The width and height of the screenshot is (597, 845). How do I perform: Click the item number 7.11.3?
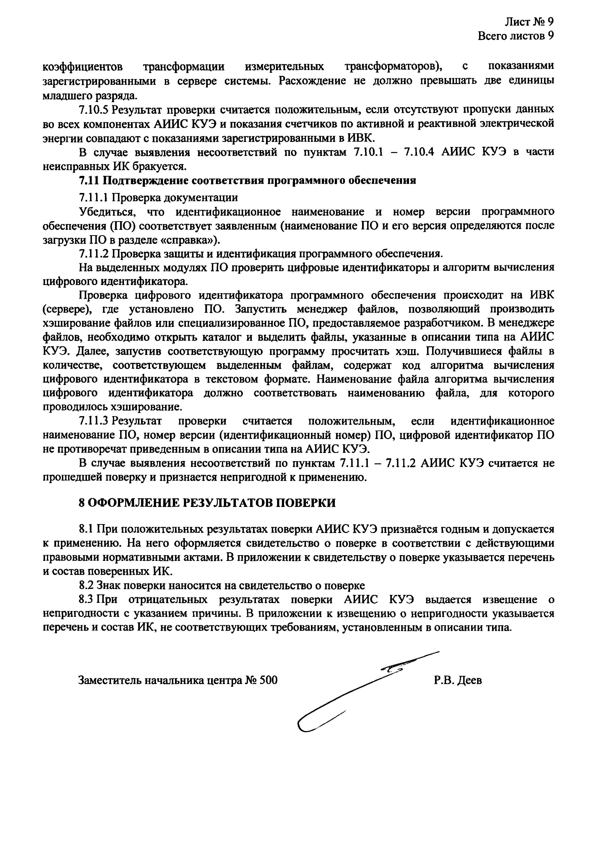[x=93, y=421]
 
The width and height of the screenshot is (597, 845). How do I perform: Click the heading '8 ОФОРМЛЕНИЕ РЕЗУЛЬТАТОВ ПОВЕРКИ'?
[x=207, y=503]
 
